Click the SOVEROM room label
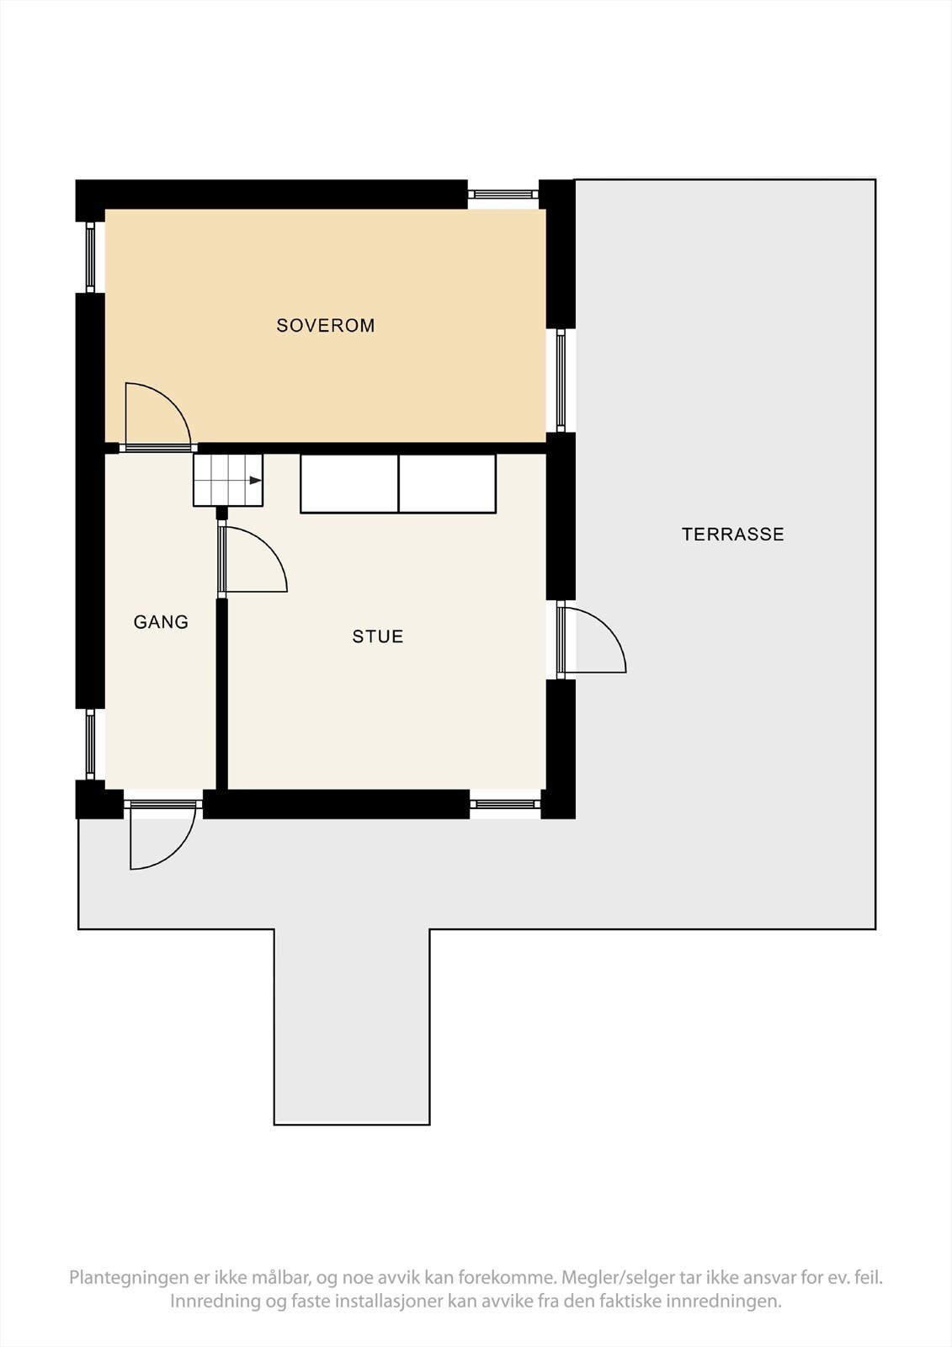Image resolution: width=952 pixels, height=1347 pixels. [x=326, y=326]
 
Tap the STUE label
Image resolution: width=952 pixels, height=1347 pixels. [x=378, y=637]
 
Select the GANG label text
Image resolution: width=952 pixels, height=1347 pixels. [x=161, y=622]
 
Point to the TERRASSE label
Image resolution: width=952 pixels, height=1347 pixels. [x=732, y=535]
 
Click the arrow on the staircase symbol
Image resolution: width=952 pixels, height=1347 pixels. [x=254, y=481]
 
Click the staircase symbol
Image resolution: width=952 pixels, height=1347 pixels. [x=228, y=481]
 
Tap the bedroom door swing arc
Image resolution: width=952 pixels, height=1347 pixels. [x=165, y=404]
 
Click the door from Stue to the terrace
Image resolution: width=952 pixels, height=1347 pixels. [x=593, y=640]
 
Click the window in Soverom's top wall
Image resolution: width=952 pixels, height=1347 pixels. [x=503, y=194]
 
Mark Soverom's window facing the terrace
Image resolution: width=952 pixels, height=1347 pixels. [x=561, y=381]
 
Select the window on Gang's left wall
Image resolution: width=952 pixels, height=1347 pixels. [x=90, y=744]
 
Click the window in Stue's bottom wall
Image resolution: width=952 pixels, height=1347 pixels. [x=505, y=804]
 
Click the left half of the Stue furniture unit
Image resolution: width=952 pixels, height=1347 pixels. [x=349, y=484]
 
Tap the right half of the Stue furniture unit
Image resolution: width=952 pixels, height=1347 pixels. [x=447, y=484]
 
